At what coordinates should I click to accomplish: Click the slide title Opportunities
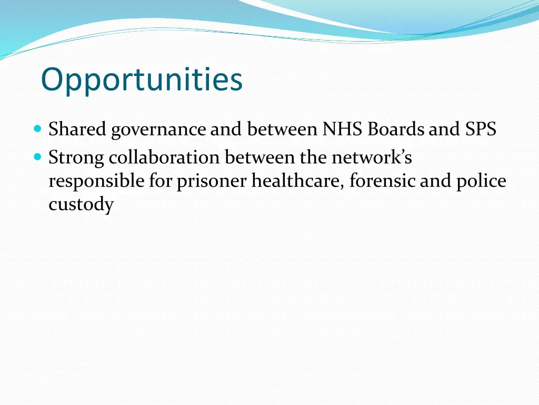point(142,80)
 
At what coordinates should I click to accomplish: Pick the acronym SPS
point(481,129)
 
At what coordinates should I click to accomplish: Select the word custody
point(81,205)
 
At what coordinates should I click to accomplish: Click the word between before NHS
point(282,129)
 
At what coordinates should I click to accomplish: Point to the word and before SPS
point(444,129)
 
